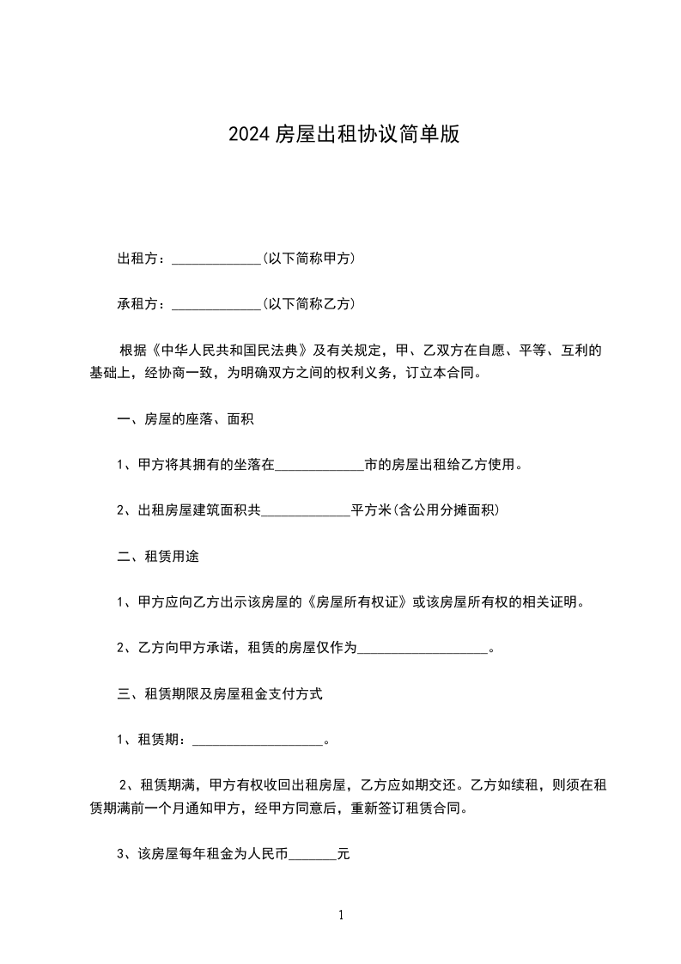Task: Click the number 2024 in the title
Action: (249, 134)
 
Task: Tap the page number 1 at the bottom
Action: (341, 915)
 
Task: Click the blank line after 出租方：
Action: (216, 259)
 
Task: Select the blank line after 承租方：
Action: (216, 305)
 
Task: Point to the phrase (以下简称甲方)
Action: (309, 259)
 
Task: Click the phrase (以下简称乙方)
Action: (309, 304)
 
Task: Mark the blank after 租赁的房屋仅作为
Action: (422, 650)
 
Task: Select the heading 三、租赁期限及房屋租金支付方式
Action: (219, 694)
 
